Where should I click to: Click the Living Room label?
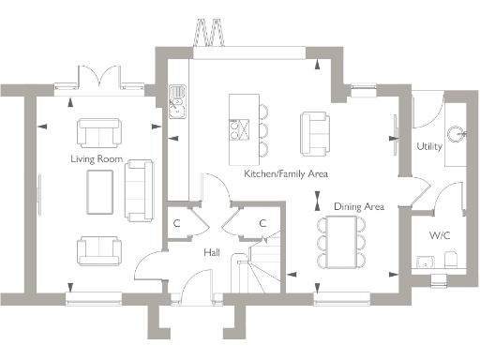tap(97, 159)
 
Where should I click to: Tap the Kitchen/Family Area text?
tap(285, 174)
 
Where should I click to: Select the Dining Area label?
tap(359, 206)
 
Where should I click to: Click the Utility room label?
tap(429, 147)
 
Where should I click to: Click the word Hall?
tap(212, 252)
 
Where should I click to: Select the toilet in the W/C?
tap(450, 259)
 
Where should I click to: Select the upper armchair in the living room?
tap(98, 132)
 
